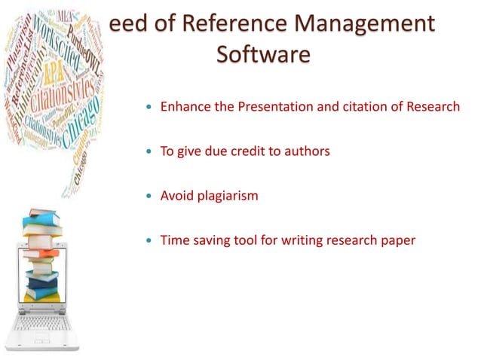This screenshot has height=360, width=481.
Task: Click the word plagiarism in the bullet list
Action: (227, 196)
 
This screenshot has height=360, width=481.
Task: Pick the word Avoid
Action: (176, 196)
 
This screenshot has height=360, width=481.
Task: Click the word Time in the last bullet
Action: (175, 241)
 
